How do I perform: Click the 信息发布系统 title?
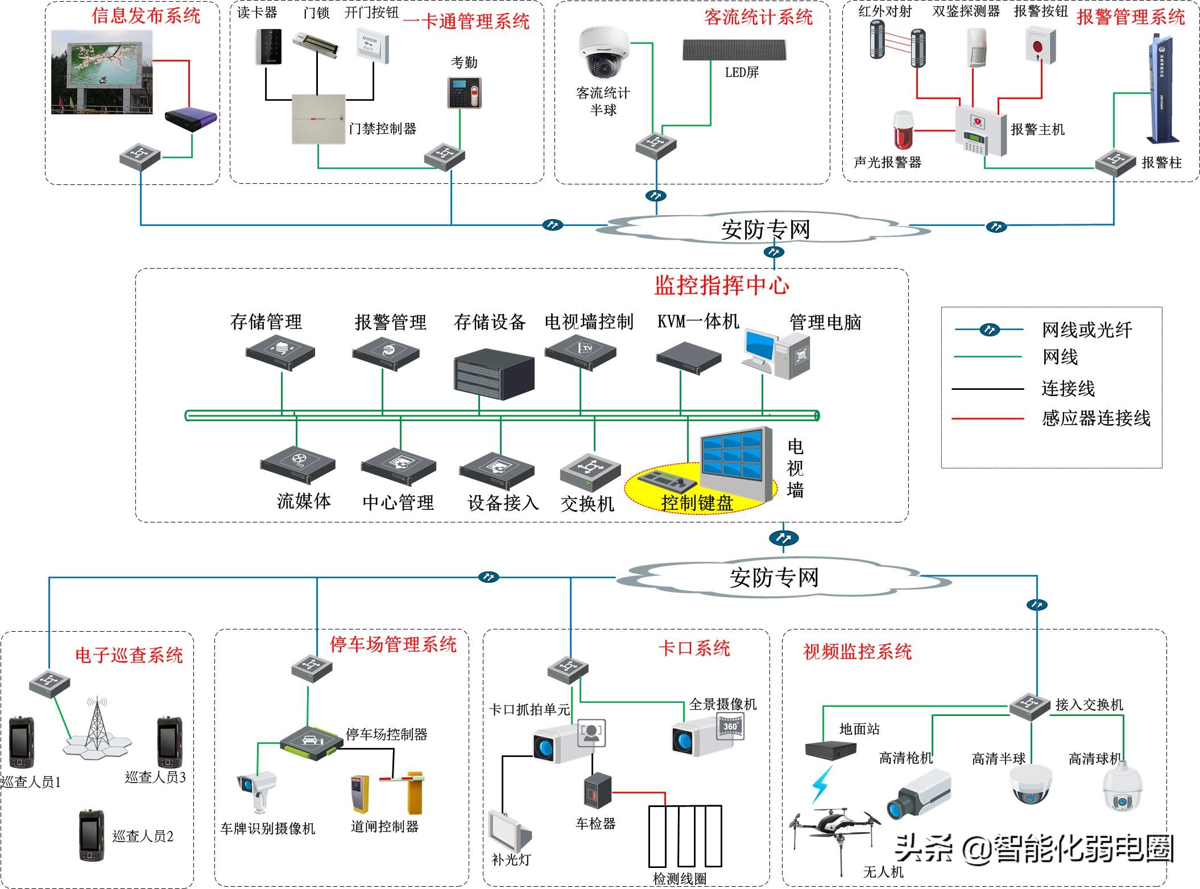pyautogui.click(x=146, y=15)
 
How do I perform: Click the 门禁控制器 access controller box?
pyautogui.click(x=318, y=119)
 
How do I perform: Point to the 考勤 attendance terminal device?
pyautogui.click(x=464, y=92)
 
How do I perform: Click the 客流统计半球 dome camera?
pyautogui.click(x=603, y=53)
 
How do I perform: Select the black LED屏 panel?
pyautogui.click(x=735, y=50)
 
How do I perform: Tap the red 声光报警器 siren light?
pyautogui.click(x=903, y=131)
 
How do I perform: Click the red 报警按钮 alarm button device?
pyautogui.click(x=1040, y=46)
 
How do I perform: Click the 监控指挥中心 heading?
pyautogui.click(x=721, y=285)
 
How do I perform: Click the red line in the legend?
pyautogui.click(x=987, y=419)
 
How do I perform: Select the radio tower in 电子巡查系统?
pyautogui.click(x=97, y=726)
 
